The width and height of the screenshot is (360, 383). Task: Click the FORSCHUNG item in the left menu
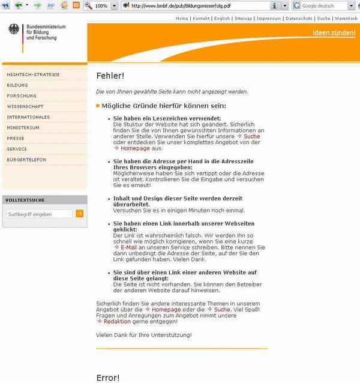pyautogui.click(x=22, y=96)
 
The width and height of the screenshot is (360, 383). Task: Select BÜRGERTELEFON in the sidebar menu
pyautogui.click(x=26, y=160)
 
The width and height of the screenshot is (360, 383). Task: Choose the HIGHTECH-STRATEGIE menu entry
pyautogui.click(x=33, y=74)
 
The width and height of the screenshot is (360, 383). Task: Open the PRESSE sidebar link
pyautogui.click(x=16, y=139)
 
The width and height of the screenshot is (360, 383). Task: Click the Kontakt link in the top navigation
pyautogui.click(x=201, y=19)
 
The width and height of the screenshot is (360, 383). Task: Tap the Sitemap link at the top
pyautogui.click(x=243, y=19)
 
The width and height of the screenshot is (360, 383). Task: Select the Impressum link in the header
pyautogui.click(x=268, y=19)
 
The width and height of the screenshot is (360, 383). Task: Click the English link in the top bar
pyautogui.click(x=222, y=19)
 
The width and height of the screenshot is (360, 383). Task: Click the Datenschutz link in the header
pyautogui.click(x=299, y=19)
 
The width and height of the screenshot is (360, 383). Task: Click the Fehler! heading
pyautogui.click(x=110, y=76)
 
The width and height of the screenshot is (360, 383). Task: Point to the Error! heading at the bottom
pyautogui.click(x=108, y=378)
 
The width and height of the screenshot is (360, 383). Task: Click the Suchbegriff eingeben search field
pyautogui.click(x=39, y=214)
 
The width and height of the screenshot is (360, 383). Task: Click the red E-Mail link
pyautogui.click(x=128, y=247)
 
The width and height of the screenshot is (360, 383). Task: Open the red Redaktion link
pyautogui.click(x=116, y=321)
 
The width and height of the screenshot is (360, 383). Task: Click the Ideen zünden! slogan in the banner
pyautogui.click(x=334, y=33)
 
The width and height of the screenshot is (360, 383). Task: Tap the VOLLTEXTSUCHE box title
pyautogui.click(x=25, y=200)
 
